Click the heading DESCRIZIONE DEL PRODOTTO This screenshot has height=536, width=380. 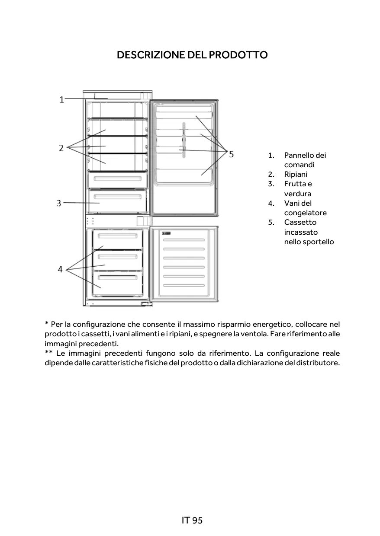(x=192, y=55)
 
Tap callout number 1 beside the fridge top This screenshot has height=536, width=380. (x=61, y=99)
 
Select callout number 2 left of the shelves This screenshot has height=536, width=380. (x=61, y=148)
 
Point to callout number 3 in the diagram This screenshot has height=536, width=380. (x=59, y=203)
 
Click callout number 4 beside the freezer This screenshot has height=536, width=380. (x=60, y=269)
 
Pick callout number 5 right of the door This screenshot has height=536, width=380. (x=232, y=153)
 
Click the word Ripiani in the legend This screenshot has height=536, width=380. (x=296, y=174)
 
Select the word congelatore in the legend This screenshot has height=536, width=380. (x=305, y=213)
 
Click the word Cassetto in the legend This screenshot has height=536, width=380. (x=300, y=222)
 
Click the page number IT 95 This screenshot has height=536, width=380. (x=192, y=520)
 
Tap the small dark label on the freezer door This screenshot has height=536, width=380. (x=166, y=233)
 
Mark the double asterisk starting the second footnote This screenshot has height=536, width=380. (x=49, y=353)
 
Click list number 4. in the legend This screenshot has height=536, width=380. (x=271, y=203)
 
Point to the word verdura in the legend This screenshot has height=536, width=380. (x=297, y=194)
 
